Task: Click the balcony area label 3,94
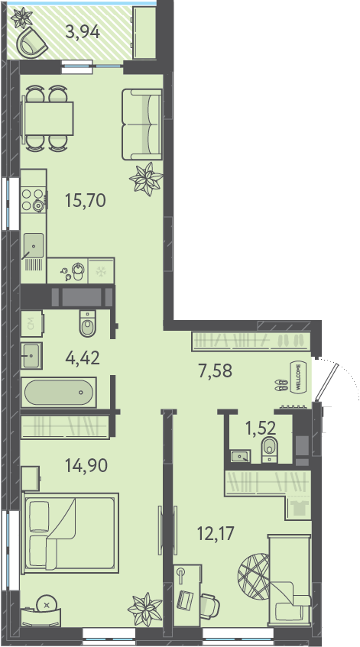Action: click(x=83, y=32)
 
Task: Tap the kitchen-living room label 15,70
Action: click(x=86, y=201)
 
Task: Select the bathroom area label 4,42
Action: click(x=83, y=357)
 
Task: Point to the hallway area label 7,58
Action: click(x=215, y=371)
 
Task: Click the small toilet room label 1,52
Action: click(x=261, y=429)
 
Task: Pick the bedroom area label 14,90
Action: click(x=86, y=465)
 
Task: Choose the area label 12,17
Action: click(x=216, y=532)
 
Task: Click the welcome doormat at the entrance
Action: click(x=299, y=377)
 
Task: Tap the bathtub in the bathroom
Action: click(x=59, y=392)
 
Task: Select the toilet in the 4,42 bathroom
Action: click(x=87, y=323)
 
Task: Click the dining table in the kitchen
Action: click(x=47, y=118)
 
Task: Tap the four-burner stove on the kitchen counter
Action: click(x=34, y=200)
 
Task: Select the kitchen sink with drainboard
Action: click(x=33, y=251)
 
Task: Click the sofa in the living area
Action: click(x=142, y=125)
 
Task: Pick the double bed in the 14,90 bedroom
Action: click(x=71, y=533)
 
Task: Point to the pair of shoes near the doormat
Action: click(x=281, y=385)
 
